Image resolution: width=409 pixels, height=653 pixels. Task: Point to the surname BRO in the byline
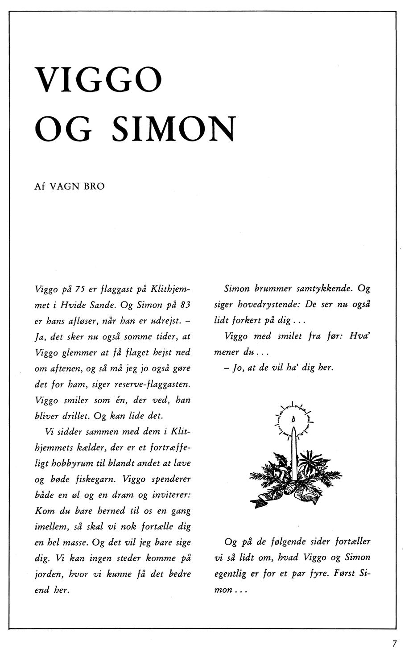(x=94, y=186)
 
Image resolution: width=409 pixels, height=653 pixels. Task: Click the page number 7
(x=394, y=643)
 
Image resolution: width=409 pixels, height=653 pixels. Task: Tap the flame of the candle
(x=293, y=419)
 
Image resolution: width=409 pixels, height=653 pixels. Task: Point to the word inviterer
(x=173, y=495)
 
